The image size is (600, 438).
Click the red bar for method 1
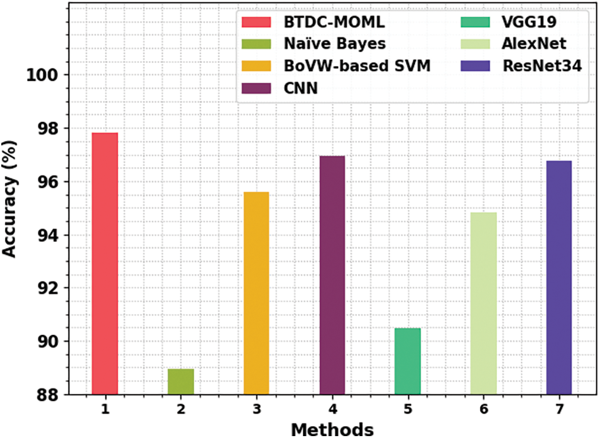[x=104, y=264]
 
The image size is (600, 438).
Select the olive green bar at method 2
[x=181, y=382]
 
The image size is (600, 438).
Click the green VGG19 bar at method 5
[x=408, y=361]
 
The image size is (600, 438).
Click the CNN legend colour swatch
[x=256, y=88]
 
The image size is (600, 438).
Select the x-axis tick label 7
[x=559, y=410]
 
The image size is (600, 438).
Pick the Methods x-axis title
[x=332, y=429]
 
